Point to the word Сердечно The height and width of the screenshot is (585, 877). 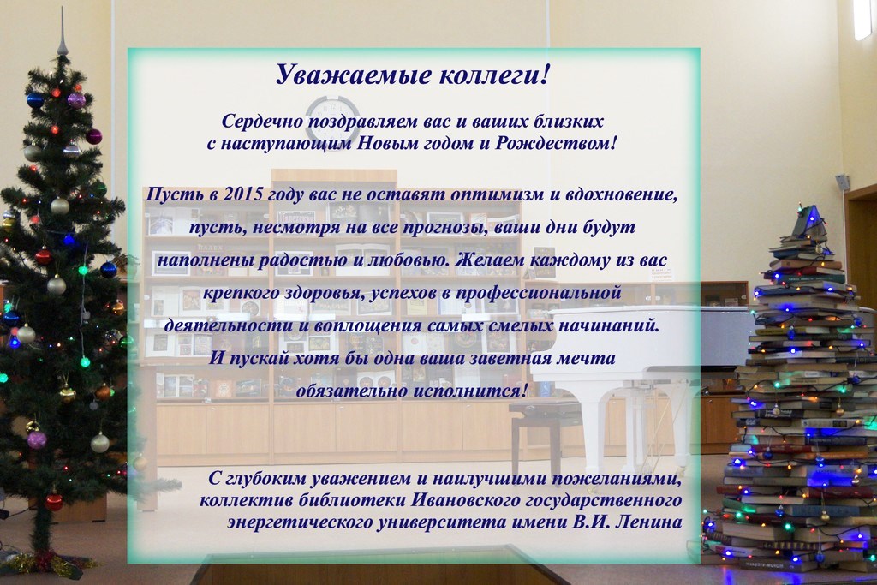coord(262,122)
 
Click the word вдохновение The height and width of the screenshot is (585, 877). coord(622,194)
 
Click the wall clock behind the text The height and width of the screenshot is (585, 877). coord(332,118)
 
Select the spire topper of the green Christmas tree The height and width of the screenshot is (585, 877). coord(63,33)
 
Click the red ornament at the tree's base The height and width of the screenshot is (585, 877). coord(54,501)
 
